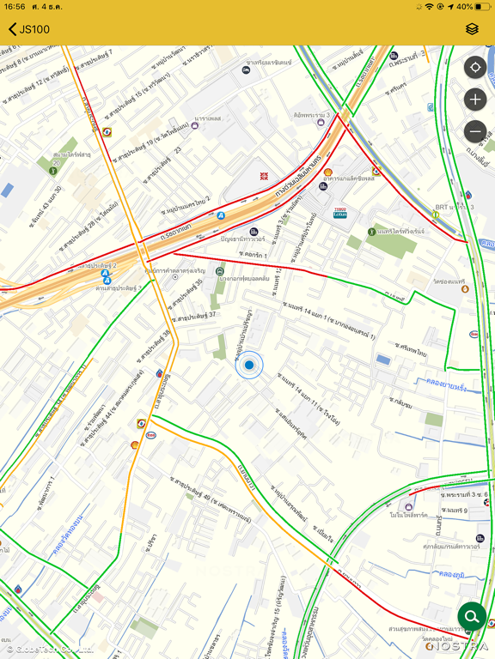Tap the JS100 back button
click(x=29, y=29)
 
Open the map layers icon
click(x=472, y=29)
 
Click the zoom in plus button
click(x=475, y=100)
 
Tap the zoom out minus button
click(x=475, y=131)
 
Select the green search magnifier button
click(x=472, y=616)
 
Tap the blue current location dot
click(x=249, y=366)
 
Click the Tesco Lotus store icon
click(x=339, y=212)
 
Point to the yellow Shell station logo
click(x=327, y=172)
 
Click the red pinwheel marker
click(x=265, y=176)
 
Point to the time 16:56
click(x=15, y=7)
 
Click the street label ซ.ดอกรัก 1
click(x=254, y=255)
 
